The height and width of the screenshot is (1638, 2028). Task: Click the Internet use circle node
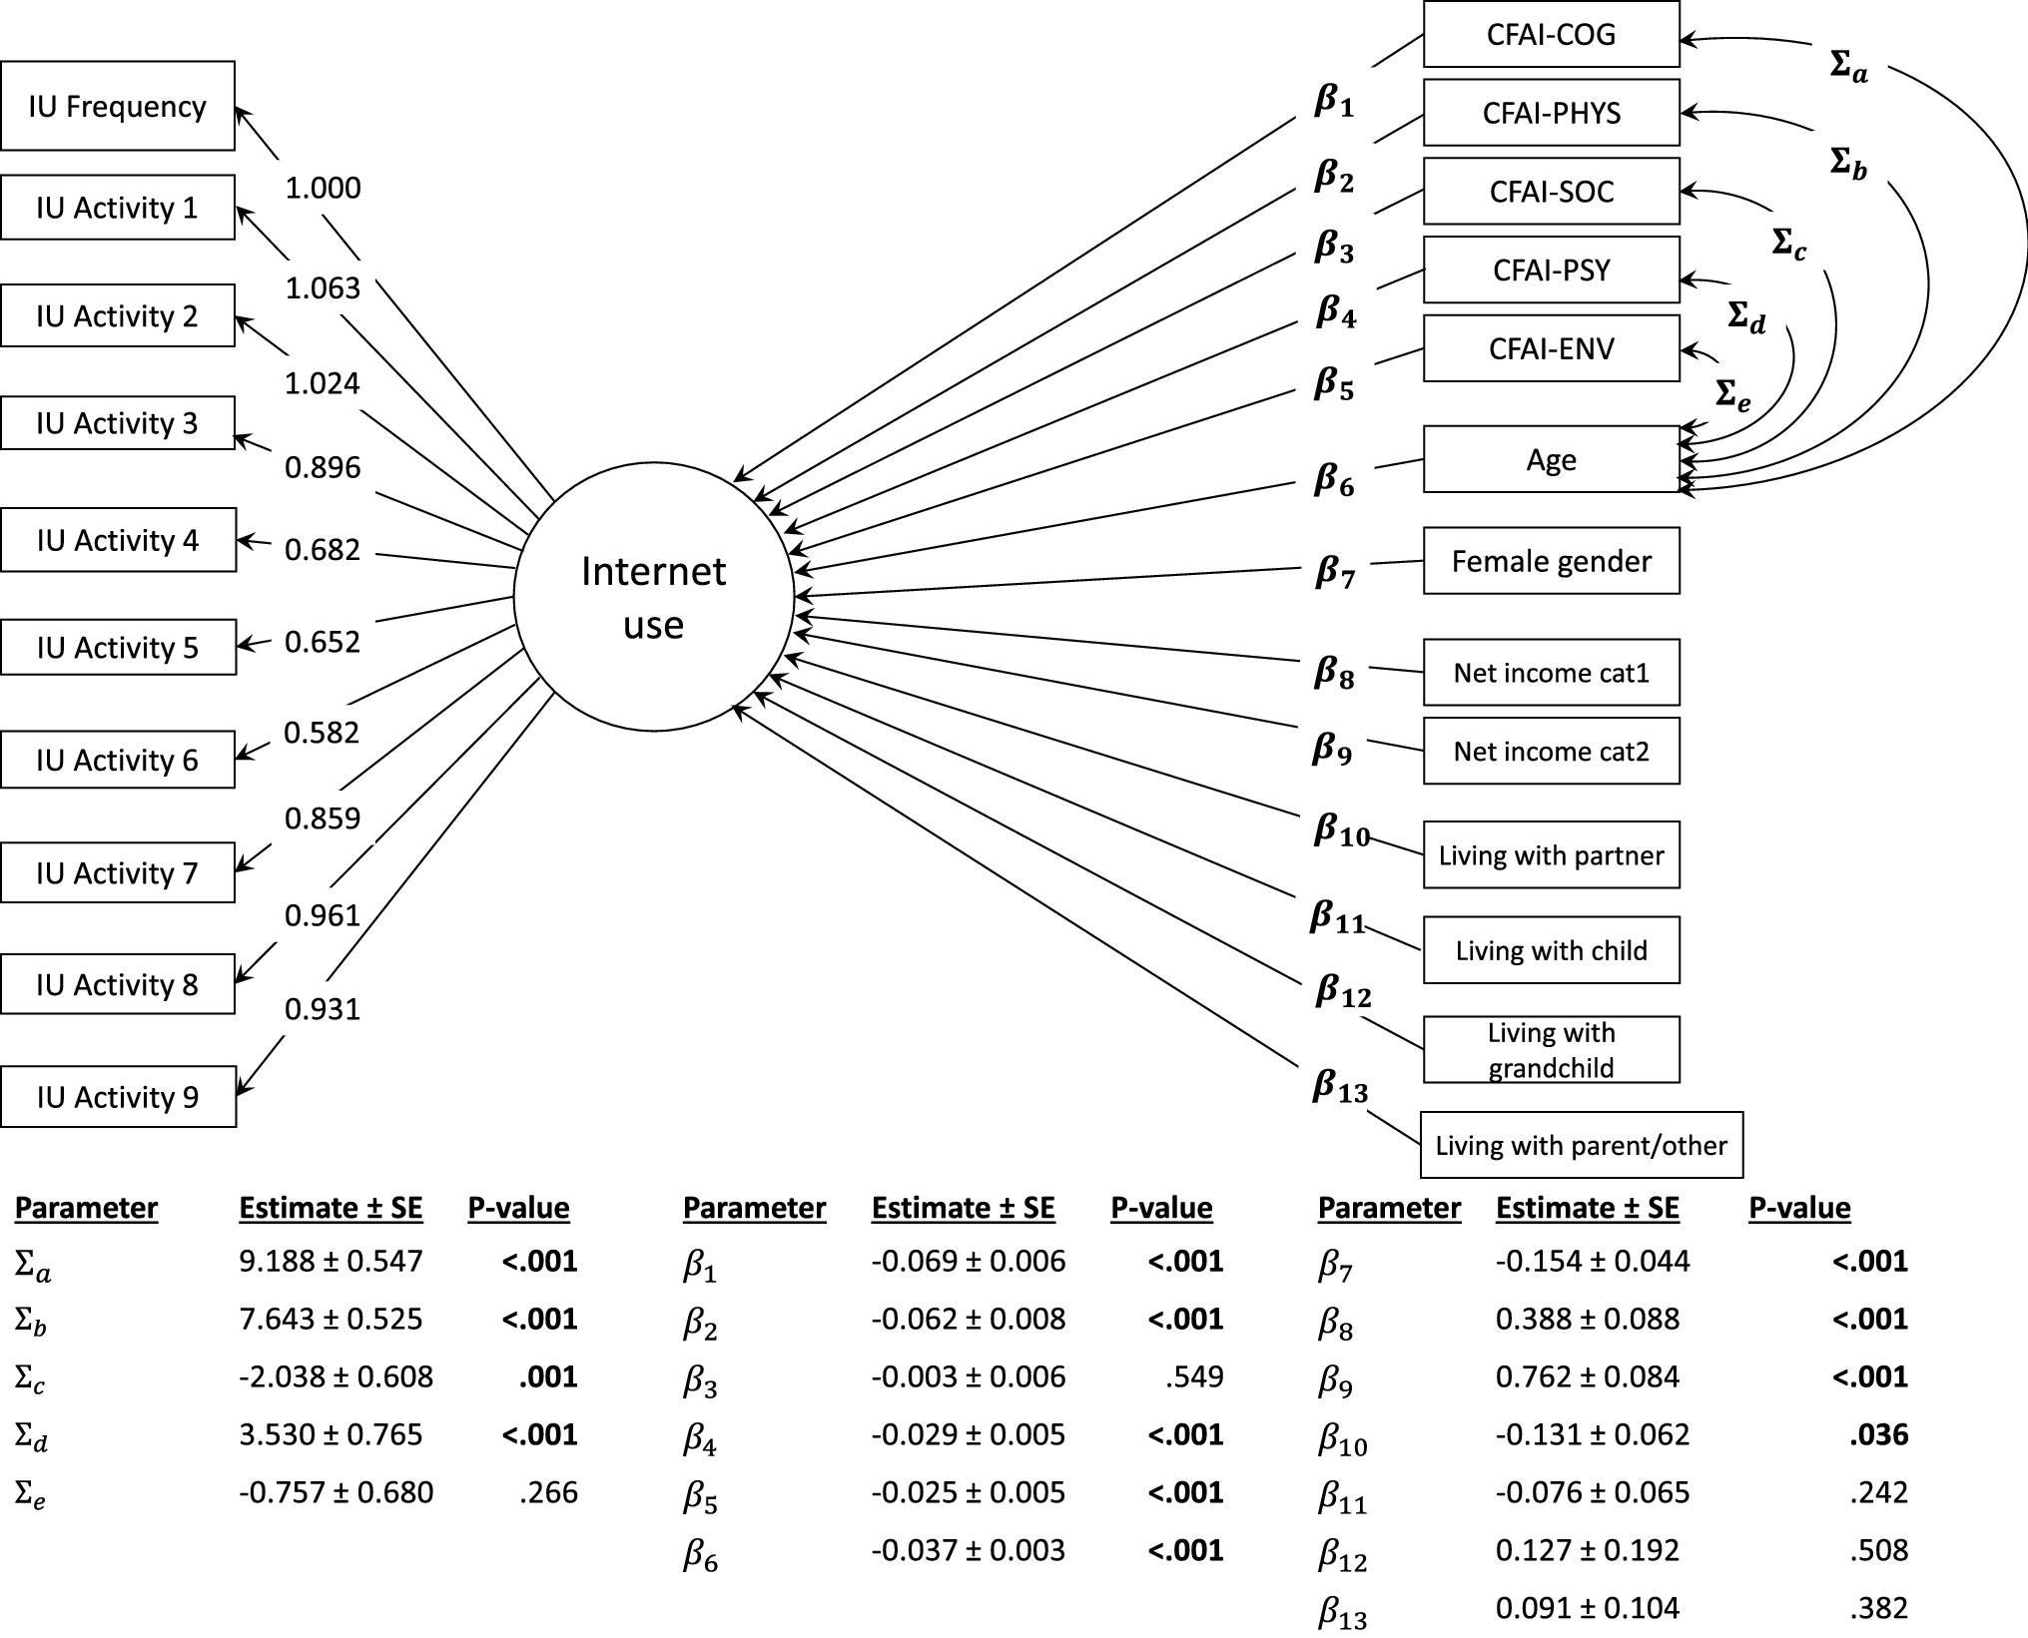pyautogui.click(x=654, y=597)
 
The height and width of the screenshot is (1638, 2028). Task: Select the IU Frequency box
pyautogui.click(x=118, y=106)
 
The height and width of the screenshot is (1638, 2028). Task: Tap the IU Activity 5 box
pyautogui.click(x=118, y=648)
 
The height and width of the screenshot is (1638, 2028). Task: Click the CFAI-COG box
pyautogui.click(x=1551, y=35)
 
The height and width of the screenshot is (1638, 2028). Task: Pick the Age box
pyautogui.click(x=1551, y=459)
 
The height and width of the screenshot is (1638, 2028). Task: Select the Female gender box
pyautogui.click(x=1551, y=561)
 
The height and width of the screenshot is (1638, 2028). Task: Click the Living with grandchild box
pyautogui.click(x=1551, y=1049)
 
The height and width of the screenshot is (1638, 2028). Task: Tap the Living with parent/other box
pyautogui.click(x=1581, y=1145)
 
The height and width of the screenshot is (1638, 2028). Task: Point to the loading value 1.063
pyautogui.click(x=323, y=288)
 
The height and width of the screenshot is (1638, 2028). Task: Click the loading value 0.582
pyautogui.click(x=322, y=733)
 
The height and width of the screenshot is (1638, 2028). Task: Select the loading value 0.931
pyautogui.click(x=322, y=1009)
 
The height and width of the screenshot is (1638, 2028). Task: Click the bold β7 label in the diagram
pyautogui.click(x=1335, y=573)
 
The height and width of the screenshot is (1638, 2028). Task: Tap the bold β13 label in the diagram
pyautogui.click(x=1339, y=1087)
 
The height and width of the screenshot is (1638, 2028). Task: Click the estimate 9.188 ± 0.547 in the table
pyautogui.click(x=331, y=1261)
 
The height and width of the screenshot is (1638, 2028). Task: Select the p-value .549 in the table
pyautogui.click(x=1193, y=1376)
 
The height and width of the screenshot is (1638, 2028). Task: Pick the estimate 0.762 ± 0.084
pyautogui.click(x=1587, y=1376)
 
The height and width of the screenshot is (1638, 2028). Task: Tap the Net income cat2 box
pyautogui.click(x=1551, y=751)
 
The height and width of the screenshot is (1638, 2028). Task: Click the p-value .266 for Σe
pyautogui.click(x=548, y=1492)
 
